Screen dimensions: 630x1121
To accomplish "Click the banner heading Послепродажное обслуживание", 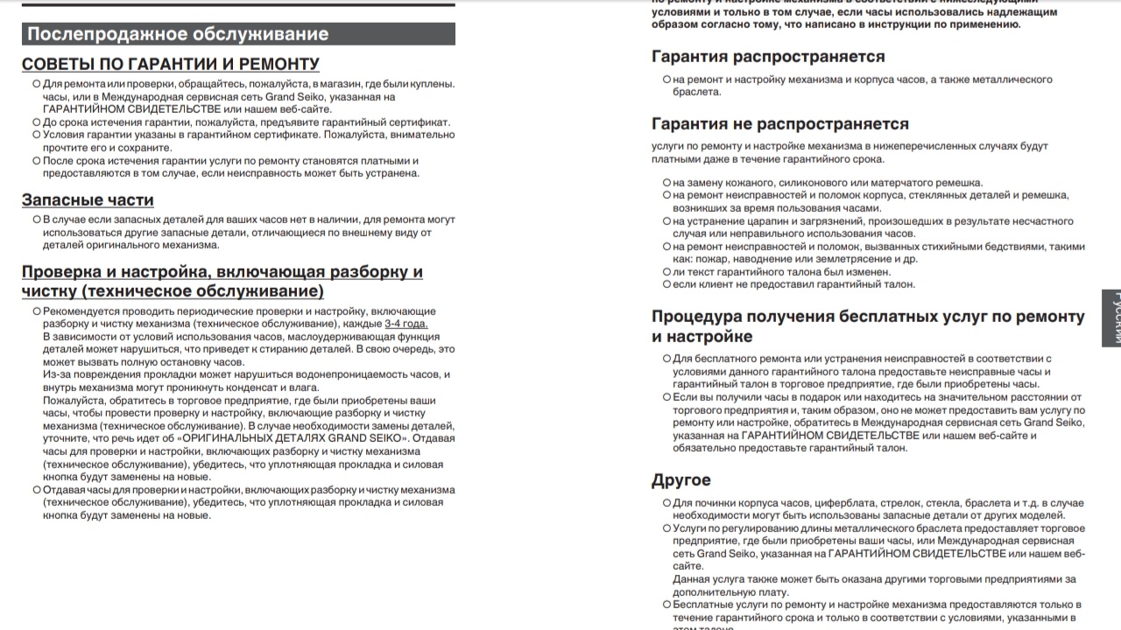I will (178, 34).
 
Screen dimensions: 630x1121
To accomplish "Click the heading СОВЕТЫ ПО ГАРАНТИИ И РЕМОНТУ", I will (171, 64).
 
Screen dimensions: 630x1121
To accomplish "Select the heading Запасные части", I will (88, 199).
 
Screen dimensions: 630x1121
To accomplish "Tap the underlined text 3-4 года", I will (406, 324).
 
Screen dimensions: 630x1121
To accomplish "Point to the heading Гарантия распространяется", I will (768, 56).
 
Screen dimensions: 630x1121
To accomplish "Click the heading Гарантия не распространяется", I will (780, 123).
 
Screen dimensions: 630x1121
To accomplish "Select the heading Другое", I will (680, 479).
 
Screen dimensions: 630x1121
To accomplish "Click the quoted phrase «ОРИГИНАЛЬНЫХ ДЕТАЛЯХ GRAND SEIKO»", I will (322, 438).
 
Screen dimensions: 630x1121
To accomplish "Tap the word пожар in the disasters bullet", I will (708, 259).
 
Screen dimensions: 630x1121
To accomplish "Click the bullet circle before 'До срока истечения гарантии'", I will (36, 122).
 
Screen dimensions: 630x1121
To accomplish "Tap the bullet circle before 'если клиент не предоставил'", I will (666, 284).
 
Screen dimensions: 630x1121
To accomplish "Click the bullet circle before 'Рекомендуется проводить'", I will (36, 311).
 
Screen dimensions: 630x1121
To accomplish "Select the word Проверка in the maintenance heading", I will (61, 271).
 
